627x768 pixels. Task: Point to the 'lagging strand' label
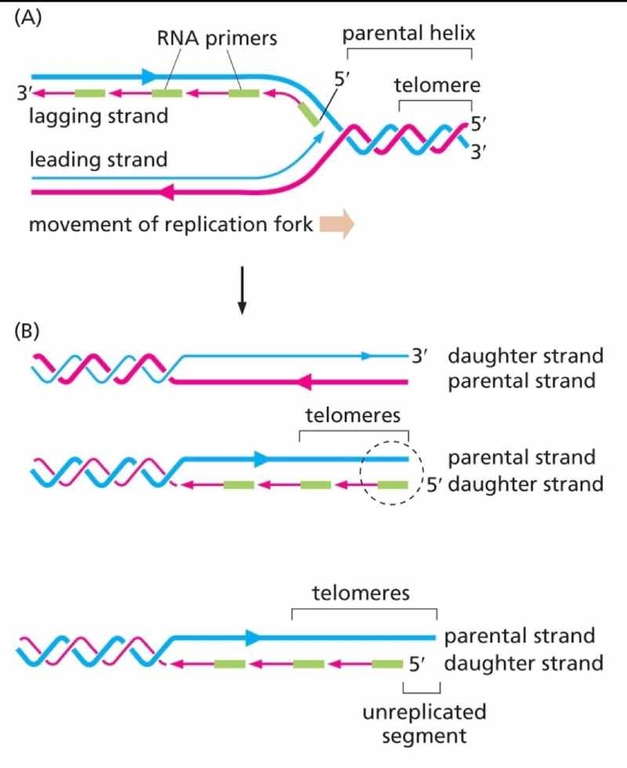pyautogui.click(x=99, y=117)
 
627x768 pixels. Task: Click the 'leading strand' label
pyautogui.click(x=99, y=160)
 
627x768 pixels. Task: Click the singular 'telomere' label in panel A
pyautogui.click(x=436, y=85)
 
